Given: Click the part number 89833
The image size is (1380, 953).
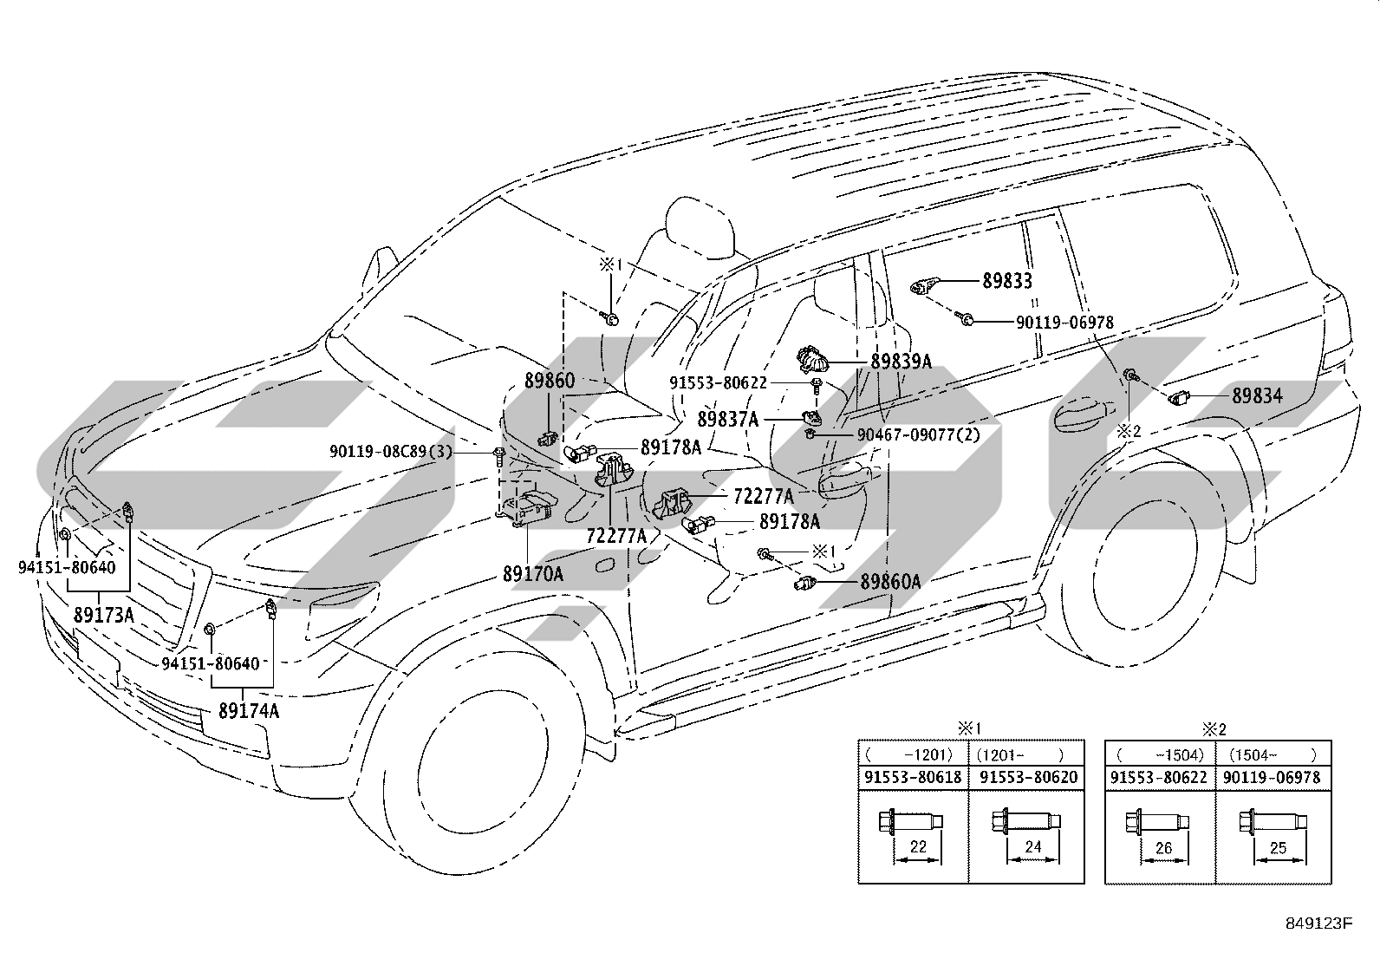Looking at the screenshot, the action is (x=1006, y=281).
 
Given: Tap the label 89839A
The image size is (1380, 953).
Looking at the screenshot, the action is (x=901, y=362).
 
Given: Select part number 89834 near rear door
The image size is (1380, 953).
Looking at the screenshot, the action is (x=1258, y=395).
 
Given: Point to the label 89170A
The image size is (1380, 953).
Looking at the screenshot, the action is (x=533, y=574).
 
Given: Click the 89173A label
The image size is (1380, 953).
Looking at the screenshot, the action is (x=103, y=615).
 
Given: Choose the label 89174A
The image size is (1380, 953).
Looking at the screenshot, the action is (x=249, y=711).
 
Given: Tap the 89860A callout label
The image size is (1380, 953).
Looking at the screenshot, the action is (x=890, y=581).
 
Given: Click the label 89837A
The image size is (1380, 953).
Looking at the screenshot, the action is (x=727, y=420).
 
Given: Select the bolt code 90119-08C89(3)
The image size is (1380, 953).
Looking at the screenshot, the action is (x=391, y=452).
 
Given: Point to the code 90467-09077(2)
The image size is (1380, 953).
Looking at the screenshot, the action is (x=919, y=435).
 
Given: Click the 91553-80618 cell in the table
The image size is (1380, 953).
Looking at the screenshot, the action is (x=913, y=777).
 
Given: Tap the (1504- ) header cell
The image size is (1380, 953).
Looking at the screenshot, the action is (x=1273, y=754).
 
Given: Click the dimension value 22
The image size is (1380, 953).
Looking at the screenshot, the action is (x=918, y=847).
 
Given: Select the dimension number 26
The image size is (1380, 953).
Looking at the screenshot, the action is (x=1163, y=848).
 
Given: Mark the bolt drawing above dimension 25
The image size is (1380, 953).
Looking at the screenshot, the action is (x=1273, y=822).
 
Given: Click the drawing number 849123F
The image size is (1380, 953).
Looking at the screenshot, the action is (x=1318, y=923).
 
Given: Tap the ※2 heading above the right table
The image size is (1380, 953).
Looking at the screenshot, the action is (x=1214, y=730).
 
